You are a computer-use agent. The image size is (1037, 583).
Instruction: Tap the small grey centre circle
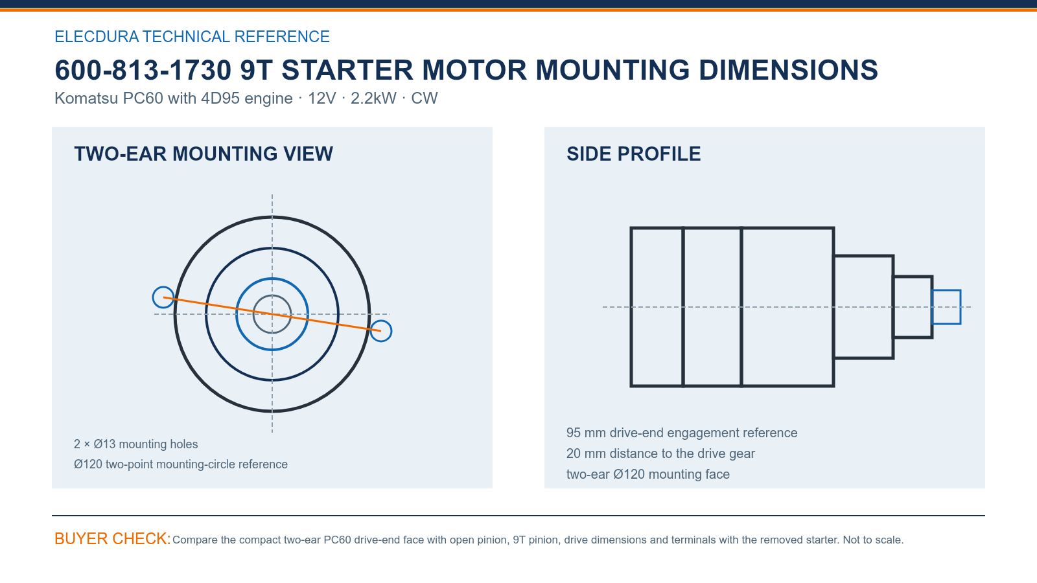pyautogui.click(x=272, y=295)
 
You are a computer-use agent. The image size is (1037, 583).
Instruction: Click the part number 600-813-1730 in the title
pyautogui.click(x=143, y=71)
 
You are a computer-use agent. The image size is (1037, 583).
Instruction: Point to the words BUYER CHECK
pyautogui.click(x=113, y=538)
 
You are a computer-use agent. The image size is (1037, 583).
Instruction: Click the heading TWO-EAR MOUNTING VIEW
pyautogui.click(x=204, y=154)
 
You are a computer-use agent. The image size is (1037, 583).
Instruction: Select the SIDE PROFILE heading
pyautogui.click(x=633, y=154)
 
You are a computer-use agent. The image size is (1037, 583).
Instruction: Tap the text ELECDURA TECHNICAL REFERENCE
pyautogui.click(x=192, y=36)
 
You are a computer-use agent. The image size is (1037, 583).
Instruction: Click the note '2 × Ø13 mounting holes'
pyautogui.click(x=135, y=444)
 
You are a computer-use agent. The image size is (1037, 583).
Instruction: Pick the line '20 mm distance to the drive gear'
pyautogui.click(x=660, y=453)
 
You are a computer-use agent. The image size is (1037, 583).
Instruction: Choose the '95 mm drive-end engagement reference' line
pyautogui.click(x=681, y=433)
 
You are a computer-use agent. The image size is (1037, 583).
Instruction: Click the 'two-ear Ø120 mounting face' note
pyautogui.click(x=647, y=474)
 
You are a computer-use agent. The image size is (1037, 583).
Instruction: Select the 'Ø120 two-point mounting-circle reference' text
pyautogui.click(x=181, y=464)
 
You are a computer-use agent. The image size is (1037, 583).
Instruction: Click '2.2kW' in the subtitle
pyautogui.click(x=373, y=98)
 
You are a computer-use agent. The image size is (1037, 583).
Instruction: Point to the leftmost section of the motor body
pyautogui.click(x=631, y=307)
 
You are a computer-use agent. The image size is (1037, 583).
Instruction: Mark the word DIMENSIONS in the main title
pyautogui.click(x=788, y=71)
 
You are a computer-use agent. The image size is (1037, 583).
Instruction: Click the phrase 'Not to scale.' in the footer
pyautogui.click(x=873, y=540)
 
